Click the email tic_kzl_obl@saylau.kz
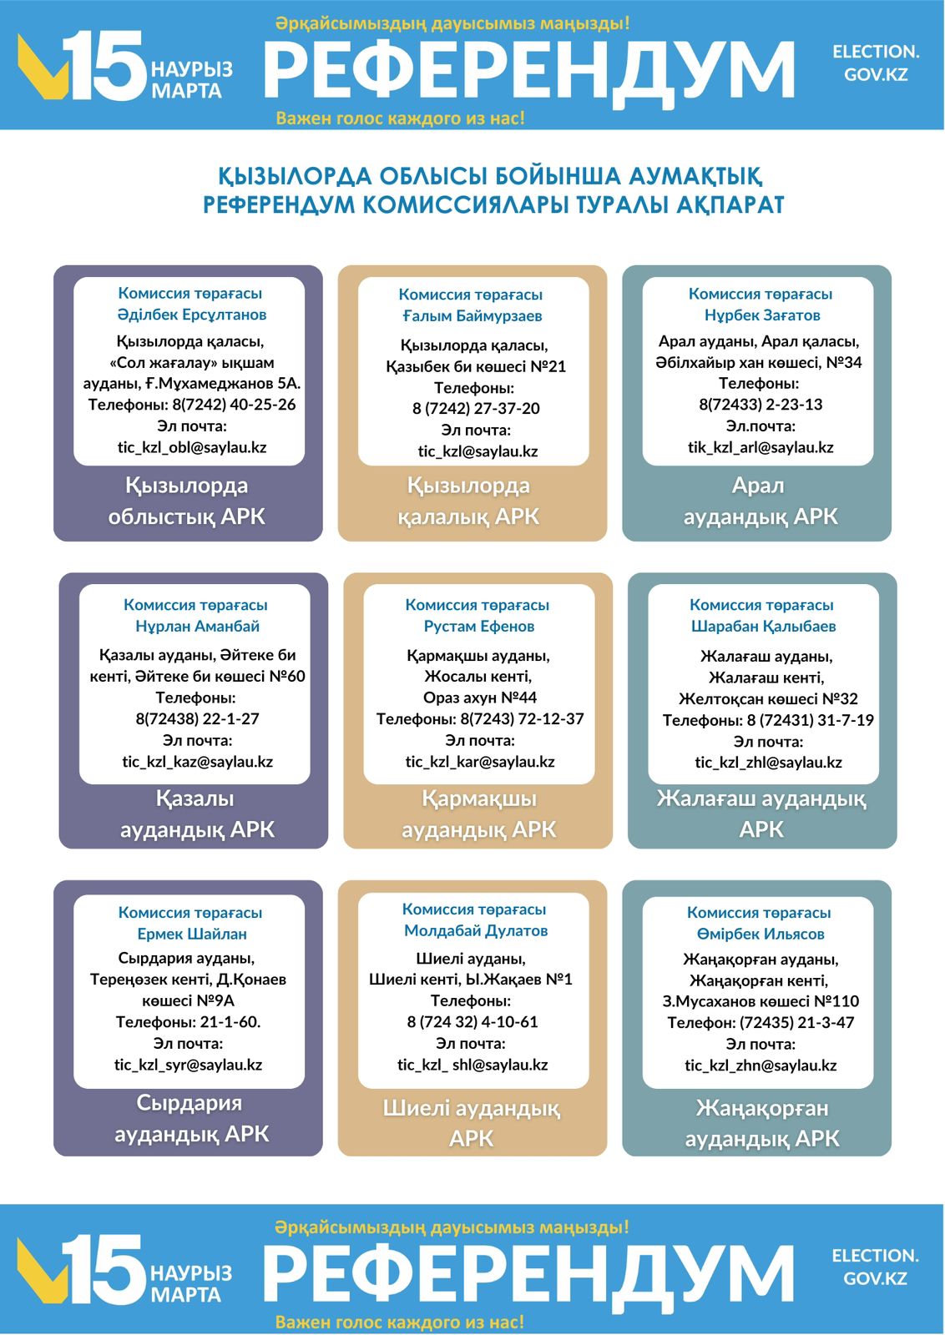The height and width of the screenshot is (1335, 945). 192,447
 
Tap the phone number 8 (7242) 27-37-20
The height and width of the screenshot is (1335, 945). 476,409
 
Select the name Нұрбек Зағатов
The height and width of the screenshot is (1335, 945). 762,315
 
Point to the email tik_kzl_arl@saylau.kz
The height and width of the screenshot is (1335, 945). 761,447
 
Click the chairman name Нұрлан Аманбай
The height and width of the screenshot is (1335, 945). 197,626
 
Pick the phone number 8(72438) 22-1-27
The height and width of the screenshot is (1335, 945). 197,718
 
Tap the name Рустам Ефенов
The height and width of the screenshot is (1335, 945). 479,626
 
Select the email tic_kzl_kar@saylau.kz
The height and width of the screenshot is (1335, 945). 480,762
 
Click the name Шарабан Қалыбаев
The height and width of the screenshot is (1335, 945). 763,626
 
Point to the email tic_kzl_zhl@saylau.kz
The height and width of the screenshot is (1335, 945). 768,763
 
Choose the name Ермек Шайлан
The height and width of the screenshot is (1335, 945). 192,934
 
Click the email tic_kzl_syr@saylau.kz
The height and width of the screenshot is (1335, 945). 188,1065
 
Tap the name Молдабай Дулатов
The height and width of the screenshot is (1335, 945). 476,930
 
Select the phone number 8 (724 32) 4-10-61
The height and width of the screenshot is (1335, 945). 472,1022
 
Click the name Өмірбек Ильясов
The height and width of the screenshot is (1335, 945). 761,934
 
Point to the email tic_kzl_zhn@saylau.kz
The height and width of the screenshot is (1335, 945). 761,1065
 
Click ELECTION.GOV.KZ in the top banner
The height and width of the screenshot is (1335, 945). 876,63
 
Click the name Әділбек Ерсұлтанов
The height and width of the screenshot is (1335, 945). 192,315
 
